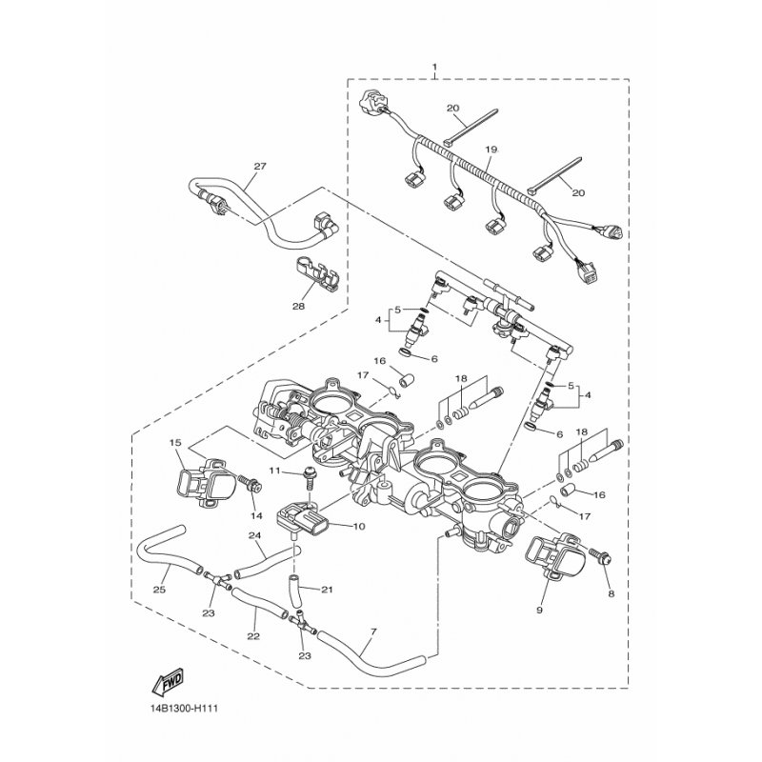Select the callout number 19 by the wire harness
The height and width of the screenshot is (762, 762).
click(x=492, y=150)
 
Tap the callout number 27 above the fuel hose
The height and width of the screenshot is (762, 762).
click(x=259, y=165)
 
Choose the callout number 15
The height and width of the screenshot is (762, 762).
click(x=175, y=442)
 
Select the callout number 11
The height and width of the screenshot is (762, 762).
click(x=272, y=471)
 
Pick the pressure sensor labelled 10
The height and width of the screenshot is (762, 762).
click(x=304, y=518)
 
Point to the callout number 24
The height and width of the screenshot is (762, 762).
click(x=254, y=535)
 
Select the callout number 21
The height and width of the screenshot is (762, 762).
click(x=326, y=590)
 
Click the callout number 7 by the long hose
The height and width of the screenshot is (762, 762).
click(x=372, y=631)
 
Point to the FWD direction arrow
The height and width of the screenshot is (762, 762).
click(x=169, y=680)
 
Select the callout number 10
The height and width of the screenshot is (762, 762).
click(x=359, y=526)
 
